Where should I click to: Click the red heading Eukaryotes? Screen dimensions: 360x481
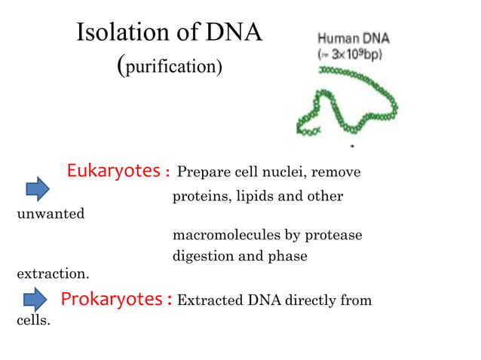(112, 171)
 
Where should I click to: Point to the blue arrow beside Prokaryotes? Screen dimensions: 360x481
(36, 302)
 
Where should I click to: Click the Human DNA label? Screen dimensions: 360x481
(353, 38)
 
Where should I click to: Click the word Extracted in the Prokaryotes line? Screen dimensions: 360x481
(209, 301)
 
